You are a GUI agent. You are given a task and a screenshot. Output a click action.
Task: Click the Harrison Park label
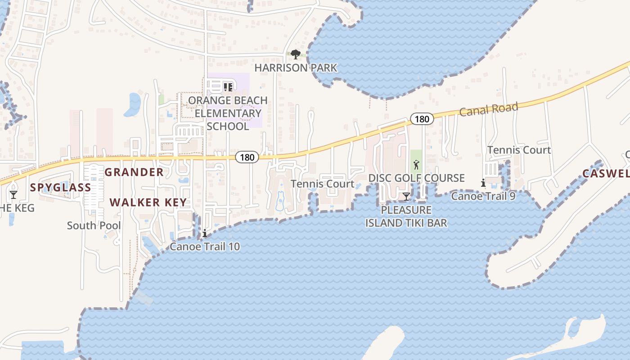tap(296, 68)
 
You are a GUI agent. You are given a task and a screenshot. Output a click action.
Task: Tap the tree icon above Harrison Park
tap(295, 54)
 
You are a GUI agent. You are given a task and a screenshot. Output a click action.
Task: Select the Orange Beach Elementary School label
tap(228, 113)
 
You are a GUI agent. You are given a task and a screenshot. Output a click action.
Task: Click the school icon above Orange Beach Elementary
tap(228, 87)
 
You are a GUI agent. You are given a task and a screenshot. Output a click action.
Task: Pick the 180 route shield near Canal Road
tap(422, 119)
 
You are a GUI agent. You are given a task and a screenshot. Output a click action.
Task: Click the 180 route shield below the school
tap(247, 157)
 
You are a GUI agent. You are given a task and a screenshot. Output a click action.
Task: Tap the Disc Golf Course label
tap(416, 178)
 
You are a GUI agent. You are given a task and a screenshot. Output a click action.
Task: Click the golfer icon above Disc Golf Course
tap(416, 165)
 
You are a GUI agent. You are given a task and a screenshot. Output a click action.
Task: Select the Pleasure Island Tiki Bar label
tap(406, 216)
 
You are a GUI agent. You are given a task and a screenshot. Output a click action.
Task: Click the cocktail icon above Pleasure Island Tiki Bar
tap(406, 197)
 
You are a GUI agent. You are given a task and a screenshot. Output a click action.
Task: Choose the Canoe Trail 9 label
tap(483, 196)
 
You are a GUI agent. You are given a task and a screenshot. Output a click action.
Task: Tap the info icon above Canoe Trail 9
tap(483, 183)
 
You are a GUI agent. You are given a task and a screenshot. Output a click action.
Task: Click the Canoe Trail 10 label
tap(205, 246)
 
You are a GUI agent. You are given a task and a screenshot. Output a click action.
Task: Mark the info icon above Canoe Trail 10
tap(205, 233)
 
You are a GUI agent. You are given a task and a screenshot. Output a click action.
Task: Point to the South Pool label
tap(94, 225)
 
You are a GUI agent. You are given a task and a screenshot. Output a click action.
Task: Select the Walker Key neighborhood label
tap(148, 202)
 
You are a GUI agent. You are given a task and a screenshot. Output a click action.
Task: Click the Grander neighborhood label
tap(134, 172)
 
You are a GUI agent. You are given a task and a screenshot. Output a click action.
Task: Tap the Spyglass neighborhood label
tap(61, 188)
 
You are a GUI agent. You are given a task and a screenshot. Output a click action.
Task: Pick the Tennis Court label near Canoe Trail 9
tap(519, 150)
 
